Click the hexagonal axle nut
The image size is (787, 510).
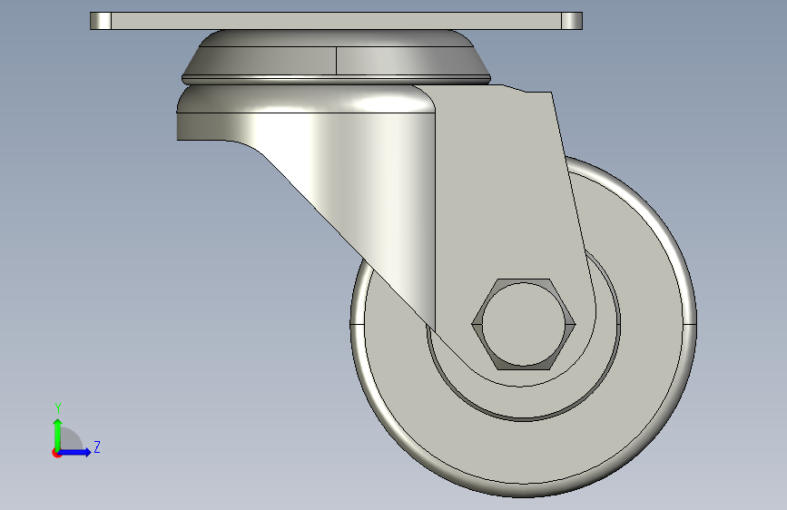[524, 324]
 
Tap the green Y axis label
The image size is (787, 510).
[58, 407]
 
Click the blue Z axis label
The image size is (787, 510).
[97, 446]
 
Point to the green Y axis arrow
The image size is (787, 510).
[58, 436]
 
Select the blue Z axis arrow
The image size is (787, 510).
[74, 452]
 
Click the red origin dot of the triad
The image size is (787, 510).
[56, 453]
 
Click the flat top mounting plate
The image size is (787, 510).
[336, 21]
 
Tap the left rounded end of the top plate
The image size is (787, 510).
[101, 21]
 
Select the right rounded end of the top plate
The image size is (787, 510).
[572, 21]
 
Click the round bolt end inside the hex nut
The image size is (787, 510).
[524, 324]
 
